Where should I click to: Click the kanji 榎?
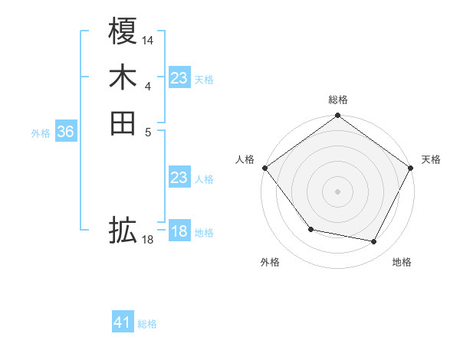point(123,33)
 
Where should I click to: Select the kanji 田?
point(123,123)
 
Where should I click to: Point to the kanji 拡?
point(123,229)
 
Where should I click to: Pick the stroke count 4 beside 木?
point(148,86)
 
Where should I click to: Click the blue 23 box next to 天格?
point(179,78)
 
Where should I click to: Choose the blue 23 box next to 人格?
point(179,178)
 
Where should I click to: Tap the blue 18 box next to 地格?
point(179,231)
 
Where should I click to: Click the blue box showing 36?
point(65,132)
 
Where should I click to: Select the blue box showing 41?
point(123,322)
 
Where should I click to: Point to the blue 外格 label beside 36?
point(41,133)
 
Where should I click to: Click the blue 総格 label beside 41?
point(147,324)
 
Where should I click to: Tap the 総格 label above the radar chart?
point(337,100)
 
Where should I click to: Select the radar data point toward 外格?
point(310,229)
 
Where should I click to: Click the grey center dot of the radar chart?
point(337,191)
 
